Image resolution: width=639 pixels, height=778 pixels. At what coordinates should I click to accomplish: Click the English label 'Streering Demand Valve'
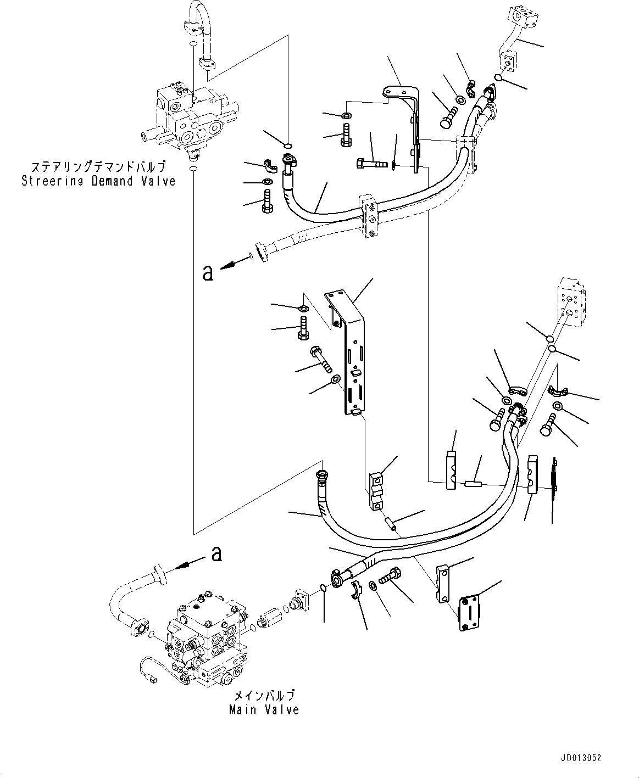(98, 181)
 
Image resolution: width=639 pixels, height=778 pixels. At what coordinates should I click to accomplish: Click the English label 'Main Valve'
(264, 710)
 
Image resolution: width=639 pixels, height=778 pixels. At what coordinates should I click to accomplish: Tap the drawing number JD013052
(581, 758)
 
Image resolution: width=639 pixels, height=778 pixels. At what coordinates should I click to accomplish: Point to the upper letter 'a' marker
(208, 273)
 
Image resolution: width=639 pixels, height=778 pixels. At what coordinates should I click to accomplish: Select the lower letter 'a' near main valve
(217, 554)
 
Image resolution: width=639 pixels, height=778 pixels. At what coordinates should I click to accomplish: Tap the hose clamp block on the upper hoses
(369, 217)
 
